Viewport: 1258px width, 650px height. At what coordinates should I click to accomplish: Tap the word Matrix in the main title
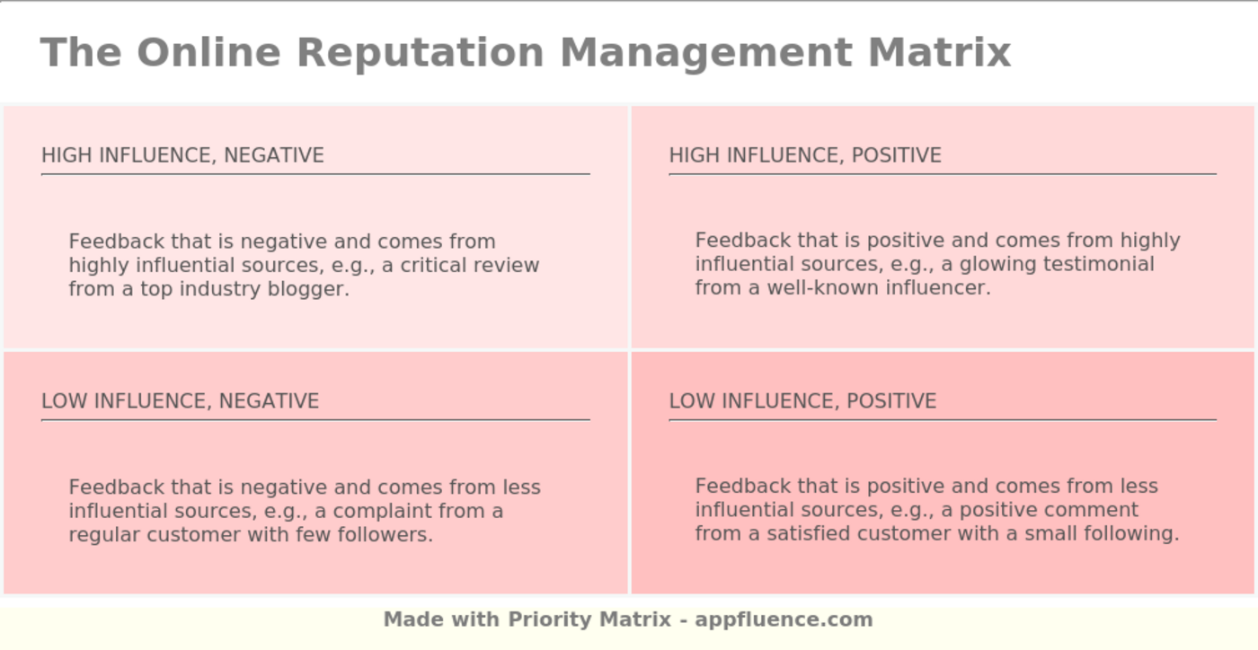pos(940,53)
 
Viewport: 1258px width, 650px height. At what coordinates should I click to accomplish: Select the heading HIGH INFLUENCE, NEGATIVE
pos(182,155)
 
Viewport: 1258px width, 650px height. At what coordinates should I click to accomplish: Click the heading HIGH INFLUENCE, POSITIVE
pos(805,155)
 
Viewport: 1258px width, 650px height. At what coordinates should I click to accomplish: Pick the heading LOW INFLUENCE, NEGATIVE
pos(181,401)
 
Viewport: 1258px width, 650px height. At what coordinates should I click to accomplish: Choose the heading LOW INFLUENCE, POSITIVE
pos(802,401)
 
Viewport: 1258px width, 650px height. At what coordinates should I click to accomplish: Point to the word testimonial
pos(1098,264)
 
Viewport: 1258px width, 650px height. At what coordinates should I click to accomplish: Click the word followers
pos(385,535)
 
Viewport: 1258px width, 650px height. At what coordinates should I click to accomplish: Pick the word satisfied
pos(808,534)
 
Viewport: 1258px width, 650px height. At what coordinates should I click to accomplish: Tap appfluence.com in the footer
pos(784,620)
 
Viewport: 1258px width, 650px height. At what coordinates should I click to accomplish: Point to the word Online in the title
pos(208,53)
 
